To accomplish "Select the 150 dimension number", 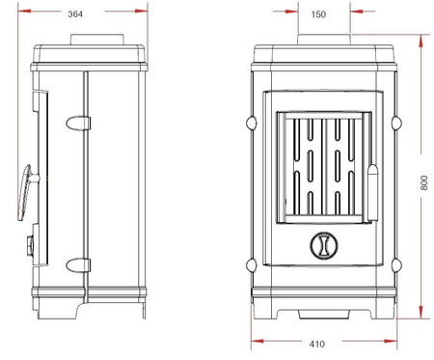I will [x=317, y=14].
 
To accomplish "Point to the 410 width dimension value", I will [x=317, y=344].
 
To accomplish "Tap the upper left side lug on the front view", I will [x=252, y=123].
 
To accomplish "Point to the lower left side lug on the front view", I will [x=252, y=262].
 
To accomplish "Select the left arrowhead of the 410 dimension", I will [x=254, y=340].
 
